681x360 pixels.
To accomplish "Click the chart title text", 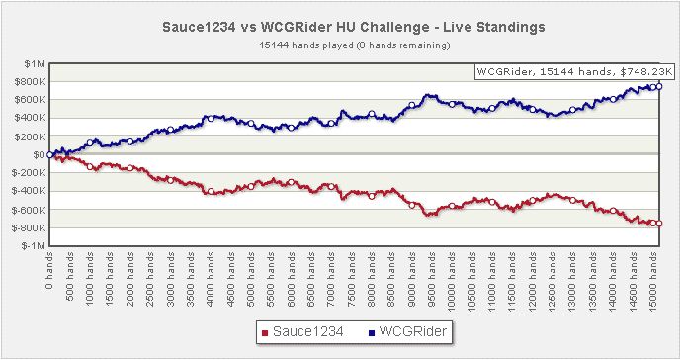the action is tap(354, 27).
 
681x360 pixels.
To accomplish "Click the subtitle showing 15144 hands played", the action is tap(355, 45).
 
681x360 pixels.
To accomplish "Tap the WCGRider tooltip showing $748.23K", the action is tap(574, 72).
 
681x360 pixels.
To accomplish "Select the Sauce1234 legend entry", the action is tap(302, 332).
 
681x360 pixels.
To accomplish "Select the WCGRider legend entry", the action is tap(407, 332).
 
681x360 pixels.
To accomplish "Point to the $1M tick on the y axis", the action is tap(35, 64).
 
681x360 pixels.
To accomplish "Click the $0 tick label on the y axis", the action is tap(40, 155).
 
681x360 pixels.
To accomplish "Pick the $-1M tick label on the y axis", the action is tap(34, 246).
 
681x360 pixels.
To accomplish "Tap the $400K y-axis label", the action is tap(30, 118).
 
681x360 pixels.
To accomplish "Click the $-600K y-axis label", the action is tap(29, 210).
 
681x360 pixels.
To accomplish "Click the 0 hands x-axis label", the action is tap(49, 270).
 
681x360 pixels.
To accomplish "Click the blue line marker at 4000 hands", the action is tap(211, 119).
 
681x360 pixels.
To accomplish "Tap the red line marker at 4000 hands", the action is tap(211, 191).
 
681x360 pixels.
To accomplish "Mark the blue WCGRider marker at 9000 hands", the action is tap(412, 105).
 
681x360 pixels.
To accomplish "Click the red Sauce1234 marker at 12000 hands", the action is tap(533, 201).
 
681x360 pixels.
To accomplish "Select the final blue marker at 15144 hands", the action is tap(659, 86).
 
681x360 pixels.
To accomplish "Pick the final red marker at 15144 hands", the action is tap(659, 224).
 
